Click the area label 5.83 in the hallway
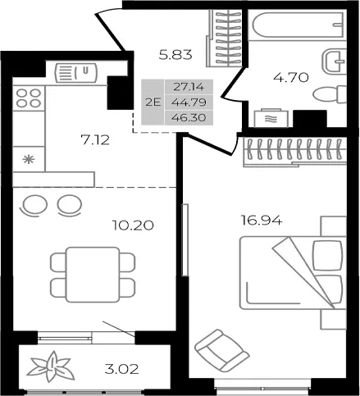point(175,55)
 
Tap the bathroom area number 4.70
point(291,77)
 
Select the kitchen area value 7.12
point(95,140)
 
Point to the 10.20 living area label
point(133,225)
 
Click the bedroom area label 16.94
point(262,220)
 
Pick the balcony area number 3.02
point(121,370)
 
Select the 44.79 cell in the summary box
point(189,102)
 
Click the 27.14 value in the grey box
point(189,87)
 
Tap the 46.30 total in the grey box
point(189,118)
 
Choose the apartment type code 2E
point(153,102)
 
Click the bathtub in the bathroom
point(298,25)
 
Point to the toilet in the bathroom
point(330,95)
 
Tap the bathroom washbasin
point(335,61)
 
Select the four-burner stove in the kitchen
point(29,98)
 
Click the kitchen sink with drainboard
point(76,73)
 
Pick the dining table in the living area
point(93,275)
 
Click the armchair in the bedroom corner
point(221,351)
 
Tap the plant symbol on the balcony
point(51,366)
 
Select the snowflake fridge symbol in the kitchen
point(29,159)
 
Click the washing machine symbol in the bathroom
point(271,118)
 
